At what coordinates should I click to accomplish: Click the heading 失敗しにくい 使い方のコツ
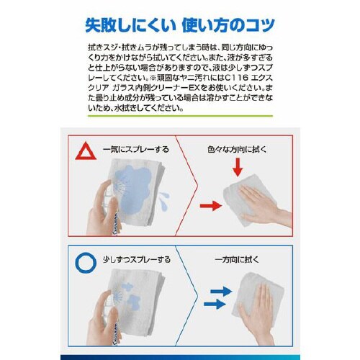(179, 26)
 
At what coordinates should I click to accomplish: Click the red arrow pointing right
(210, 206)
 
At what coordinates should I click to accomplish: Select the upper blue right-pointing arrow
(221, 291)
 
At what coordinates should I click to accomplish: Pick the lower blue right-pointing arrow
(215, 305)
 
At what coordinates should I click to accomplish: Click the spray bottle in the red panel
(107, 216)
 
